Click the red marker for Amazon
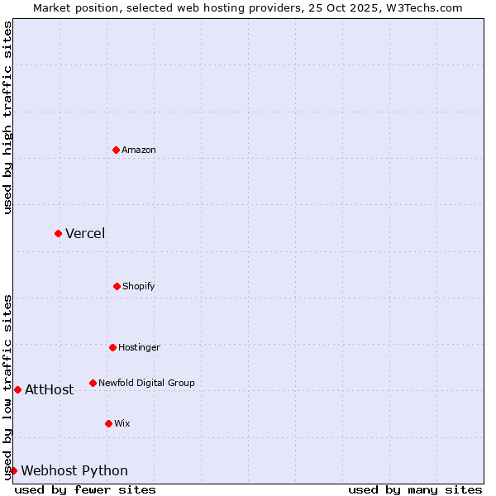116,150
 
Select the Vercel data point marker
58,233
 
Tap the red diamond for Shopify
117,286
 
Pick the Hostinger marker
112,347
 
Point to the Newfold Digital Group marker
93,383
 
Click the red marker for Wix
108,423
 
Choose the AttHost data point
17,389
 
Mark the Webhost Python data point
13,470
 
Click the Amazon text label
139,150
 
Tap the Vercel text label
85,233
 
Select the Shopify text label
139,286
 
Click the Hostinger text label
139,347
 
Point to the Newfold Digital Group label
146,383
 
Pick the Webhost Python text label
74,470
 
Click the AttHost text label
49,389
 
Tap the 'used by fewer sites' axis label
85,489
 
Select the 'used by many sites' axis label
415,489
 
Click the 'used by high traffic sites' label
7,117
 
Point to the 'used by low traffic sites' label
7,386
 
